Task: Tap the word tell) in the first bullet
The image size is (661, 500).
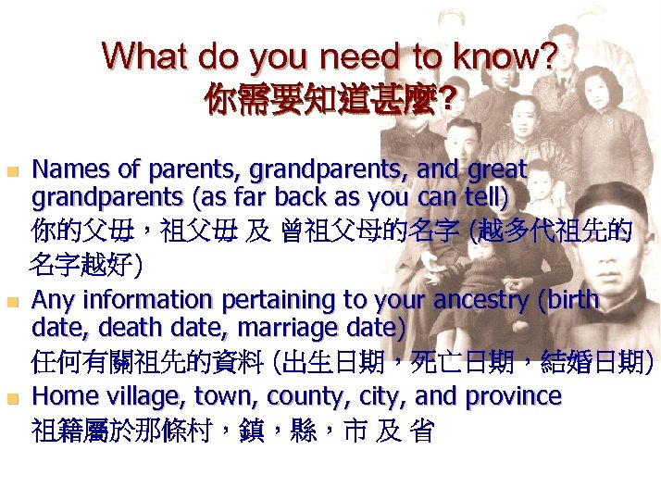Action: (x=482, y=196)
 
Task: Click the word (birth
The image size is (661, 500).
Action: (x=564, y=300)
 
